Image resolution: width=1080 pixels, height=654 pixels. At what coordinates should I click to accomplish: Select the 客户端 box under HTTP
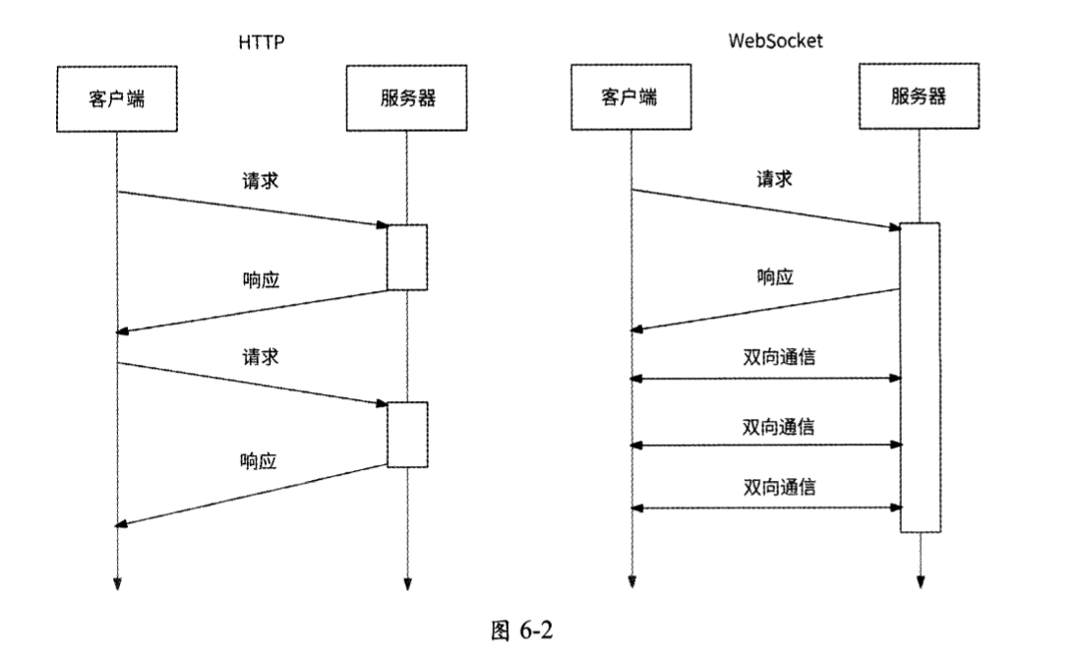[116, 98]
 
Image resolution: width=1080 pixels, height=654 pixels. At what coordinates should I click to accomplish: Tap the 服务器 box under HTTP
[407, 98]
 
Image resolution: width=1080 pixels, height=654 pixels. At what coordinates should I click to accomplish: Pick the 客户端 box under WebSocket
[630, 97]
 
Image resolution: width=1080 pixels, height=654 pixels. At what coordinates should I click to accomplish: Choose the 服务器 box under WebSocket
[921, 97]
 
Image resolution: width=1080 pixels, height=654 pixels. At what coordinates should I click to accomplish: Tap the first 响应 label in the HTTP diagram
[261, 279]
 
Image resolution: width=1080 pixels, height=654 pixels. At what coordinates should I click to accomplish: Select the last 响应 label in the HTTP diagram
[261, 459]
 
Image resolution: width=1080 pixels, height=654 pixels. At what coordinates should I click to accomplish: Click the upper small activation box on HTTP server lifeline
[407, 258]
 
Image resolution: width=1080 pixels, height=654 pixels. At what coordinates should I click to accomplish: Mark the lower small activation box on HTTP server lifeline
[407, 434]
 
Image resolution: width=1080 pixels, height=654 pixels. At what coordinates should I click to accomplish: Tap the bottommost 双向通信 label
[779, 488]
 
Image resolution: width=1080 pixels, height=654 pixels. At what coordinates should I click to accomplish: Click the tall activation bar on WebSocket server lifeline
[921, 378]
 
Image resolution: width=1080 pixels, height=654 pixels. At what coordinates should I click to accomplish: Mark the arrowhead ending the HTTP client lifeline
[117, 583]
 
